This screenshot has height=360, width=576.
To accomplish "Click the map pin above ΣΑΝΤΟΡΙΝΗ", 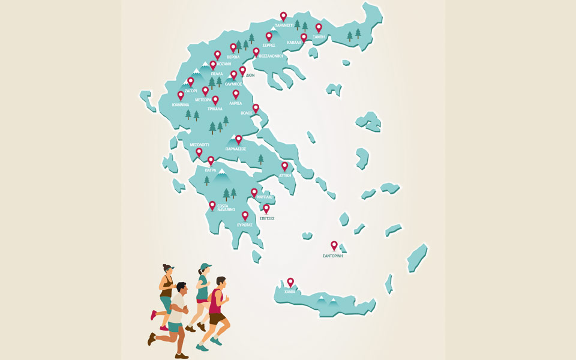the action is coord(334,245).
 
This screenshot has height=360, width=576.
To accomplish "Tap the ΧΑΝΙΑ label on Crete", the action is coord(290,292).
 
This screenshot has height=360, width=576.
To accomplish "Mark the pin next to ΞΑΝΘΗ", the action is coord(319,27).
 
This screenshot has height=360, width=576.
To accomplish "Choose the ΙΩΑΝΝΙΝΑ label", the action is coord(181,104).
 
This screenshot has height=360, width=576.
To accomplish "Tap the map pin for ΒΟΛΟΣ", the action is coord(256,108).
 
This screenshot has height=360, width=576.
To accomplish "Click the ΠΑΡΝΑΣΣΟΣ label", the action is coord(236,149).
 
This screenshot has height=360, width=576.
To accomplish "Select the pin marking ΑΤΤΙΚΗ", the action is coord(284,166).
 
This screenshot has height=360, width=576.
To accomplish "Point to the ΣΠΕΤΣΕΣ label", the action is coord(266,219).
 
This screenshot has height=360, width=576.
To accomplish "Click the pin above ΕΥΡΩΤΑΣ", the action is coord(245,215).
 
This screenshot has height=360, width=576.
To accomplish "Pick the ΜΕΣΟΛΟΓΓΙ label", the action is coord(199,145).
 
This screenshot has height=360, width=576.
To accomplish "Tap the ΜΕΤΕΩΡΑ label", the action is coord(203,100).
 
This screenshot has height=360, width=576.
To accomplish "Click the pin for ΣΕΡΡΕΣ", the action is coord(269,36).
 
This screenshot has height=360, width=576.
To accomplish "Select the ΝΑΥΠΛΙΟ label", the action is coord(264,197).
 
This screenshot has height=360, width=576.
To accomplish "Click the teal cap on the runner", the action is coord(206,266).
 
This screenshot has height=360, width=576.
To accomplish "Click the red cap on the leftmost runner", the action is coord(169,268).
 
